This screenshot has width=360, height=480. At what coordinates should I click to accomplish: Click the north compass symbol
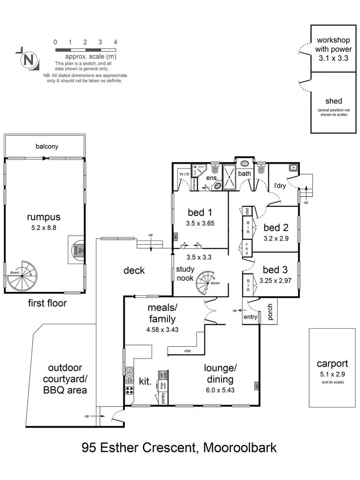pos(28,60)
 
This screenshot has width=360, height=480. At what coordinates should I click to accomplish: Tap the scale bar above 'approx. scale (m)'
pos(85,50)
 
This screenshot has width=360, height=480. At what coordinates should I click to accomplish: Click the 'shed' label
pos(334,101)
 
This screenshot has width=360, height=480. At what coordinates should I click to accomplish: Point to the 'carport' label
pos(332,364)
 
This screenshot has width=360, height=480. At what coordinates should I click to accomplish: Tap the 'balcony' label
pos(47,146)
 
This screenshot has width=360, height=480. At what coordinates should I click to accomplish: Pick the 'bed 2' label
pos(276,227)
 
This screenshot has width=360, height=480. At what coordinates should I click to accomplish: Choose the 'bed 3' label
pos(276,269)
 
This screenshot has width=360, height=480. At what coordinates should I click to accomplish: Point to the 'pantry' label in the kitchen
pos(163,399)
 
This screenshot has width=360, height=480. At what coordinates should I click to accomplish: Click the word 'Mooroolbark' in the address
pos(240,448)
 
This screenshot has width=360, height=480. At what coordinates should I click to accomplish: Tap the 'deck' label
pos(134,270)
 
